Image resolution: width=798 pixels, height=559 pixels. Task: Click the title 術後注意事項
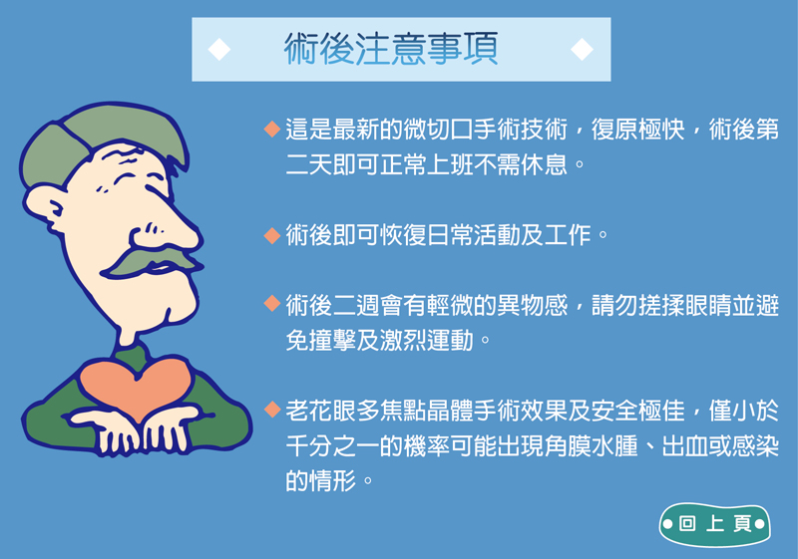pyautogui.click(x=391, y=49)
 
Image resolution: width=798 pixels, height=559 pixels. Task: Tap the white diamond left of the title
pyautogui.click(x=219, y=49)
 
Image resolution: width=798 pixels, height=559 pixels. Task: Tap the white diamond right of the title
pyautogui.click(x=582, y=49)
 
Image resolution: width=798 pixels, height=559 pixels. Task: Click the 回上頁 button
pyautogui.click(x=714, y=524)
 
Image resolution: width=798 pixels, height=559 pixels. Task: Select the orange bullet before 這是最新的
pyautogui.click(x=272, y=129)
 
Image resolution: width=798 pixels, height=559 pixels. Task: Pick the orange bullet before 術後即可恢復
pyautogui.click(x=272, y=235)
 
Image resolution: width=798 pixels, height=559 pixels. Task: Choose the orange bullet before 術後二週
pyautogui.click(x=272, y=304)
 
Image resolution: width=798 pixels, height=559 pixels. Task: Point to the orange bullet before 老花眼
pyautogui.click(x=272, y=410)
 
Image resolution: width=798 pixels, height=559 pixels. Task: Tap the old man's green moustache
pyautogui.click(x=153, y=260)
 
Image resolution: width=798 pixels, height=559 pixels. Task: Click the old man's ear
pyautogui.click(x=45, y=207)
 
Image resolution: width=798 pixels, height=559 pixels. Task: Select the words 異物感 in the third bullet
pyautogui.click(x=532, y=305)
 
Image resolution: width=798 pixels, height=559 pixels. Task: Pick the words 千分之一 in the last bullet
pyautogui.click(x=332, y=446)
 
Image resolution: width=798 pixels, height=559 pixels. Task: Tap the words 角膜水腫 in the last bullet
pyautogui.click(x=591, y=446)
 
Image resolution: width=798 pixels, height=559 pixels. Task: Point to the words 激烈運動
pyautogui.click(x=427, y=341)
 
